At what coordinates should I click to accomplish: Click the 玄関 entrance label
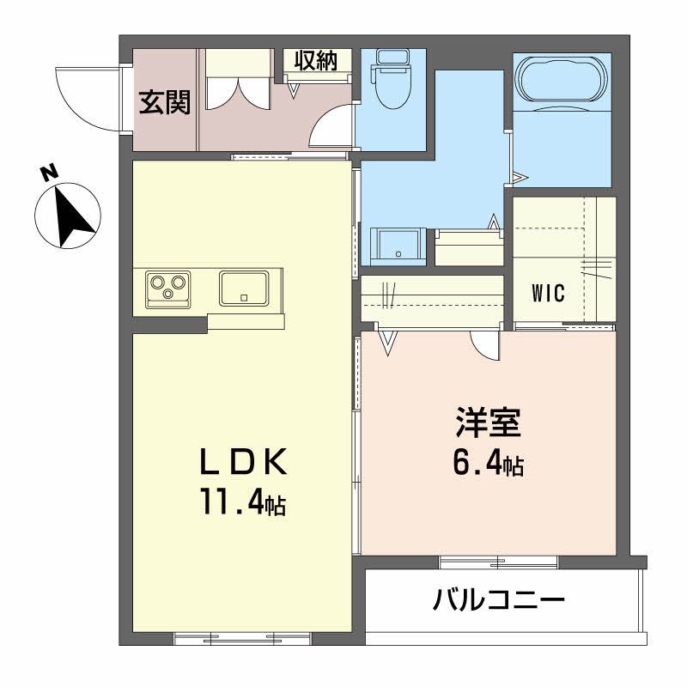coord(165,102)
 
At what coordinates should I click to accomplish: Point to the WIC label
coord(547,294)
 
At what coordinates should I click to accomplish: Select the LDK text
coord(242,462)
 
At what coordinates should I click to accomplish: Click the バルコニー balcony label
coord(499,598)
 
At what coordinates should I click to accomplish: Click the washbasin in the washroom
coord(397,244)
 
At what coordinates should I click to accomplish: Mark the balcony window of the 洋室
coord(499,562)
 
